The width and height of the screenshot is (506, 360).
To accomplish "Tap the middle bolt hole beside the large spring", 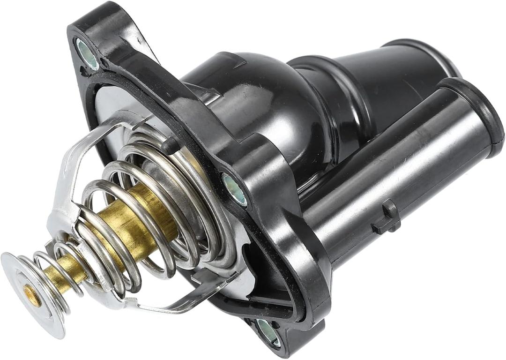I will (x=235, y=189).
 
